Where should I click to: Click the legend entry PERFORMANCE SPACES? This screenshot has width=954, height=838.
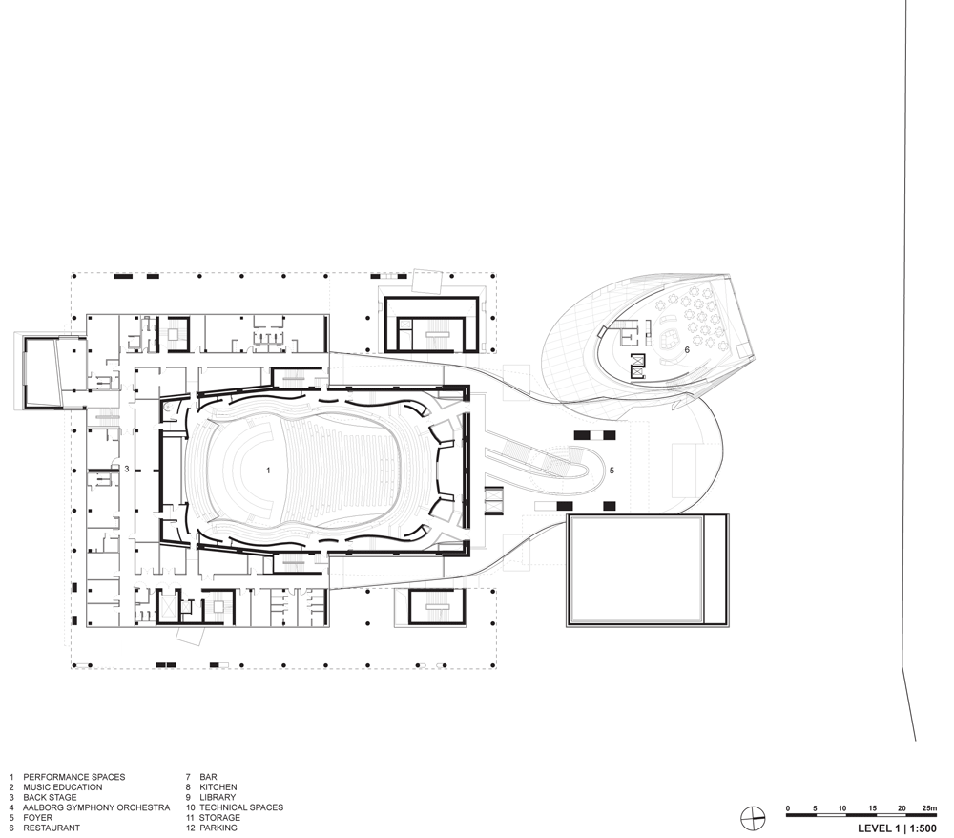click(74, 777)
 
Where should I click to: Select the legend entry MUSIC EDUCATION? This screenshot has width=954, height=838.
click(63, 786)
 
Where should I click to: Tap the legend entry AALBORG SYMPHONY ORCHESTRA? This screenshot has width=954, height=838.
click(96, 807)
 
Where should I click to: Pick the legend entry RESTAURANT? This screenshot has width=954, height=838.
click(52, 828)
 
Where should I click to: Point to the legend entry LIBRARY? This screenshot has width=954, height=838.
click(218, 797)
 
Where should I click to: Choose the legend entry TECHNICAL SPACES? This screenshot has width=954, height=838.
click(241, 807)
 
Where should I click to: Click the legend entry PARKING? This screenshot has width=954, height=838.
click(218, 828)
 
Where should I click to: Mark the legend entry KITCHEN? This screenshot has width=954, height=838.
click(218, 786)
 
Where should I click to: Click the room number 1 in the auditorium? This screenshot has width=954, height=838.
click(268, 471)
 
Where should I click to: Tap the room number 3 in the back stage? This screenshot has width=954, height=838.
click(127, 470)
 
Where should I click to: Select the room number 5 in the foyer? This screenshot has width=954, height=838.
click(612, 471)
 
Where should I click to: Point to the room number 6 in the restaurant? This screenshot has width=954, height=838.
click(688, 350)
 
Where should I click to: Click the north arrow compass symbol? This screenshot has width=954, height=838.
click(754, 818)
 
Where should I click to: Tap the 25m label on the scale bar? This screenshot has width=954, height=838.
click(929, 808)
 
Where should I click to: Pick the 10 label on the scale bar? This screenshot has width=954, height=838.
click(842, 808)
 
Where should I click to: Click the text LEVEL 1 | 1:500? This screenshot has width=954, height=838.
click(898, 828)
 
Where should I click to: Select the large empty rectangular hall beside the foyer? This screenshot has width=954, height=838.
click(648, 570)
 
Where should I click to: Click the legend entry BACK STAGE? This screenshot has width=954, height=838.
click(50, 797)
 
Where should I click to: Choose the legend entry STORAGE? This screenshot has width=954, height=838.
click(219, 817)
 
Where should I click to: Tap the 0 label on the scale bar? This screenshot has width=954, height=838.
click(788, 808)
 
